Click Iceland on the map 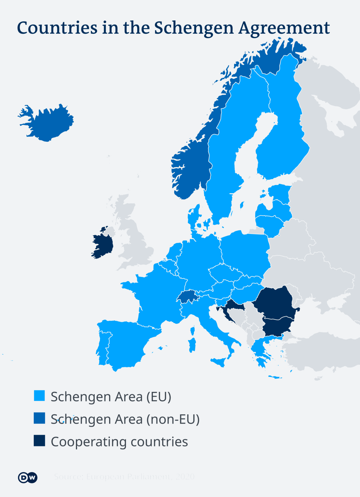pos(49,123)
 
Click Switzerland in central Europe pos(187,297)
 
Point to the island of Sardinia pos(192,345)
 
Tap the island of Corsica pos(192,331)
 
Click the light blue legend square pos(39,396)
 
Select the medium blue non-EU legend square pos(39,418)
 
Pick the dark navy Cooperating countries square pos(39,441)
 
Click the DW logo pos(28,477)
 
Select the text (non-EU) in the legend pos(173,419)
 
